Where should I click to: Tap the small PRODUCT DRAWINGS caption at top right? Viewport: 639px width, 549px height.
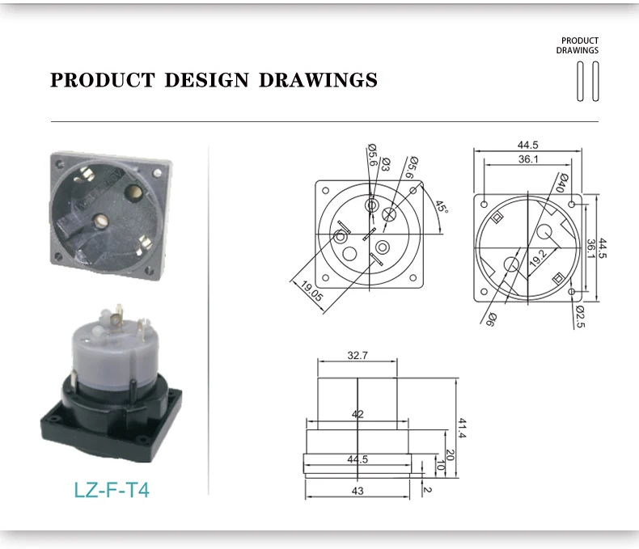coord(578,45)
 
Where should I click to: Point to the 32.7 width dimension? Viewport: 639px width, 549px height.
coord(358,355)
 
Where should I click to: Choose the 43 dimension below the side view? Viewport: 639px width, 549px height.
coord(358,491)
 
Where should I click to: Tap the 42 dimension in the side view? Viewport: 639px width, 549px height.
coord(358,414)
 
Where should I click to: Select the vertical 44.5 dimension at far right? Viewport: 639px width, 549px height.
coord(602,244)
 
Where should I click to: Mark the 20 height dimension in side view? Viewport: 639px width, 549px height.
coord(451,455)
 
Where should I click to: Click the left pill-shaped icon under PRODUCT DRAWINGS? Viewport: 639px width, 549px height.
coord(580,81)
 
